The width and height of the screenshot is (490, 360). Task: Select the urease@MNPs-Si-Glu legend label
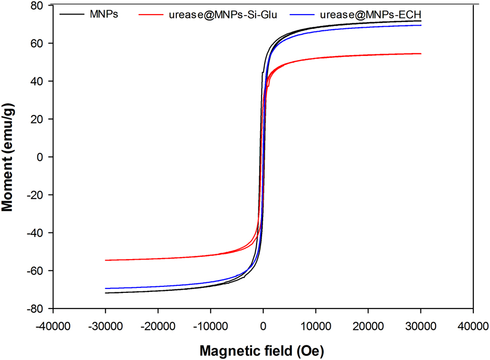point(223,14)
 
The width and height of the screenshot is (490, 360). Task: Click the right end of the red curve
point(420,54)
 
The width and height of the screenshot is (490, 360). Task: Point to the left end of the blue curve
point(106,288)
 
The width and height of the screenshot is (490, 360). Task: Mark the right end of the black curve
point(420,21)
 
